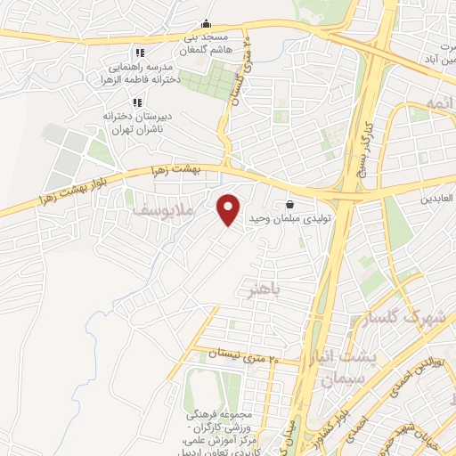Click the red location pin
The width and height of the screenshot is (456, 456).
pyautogui.click(x=230, y=209)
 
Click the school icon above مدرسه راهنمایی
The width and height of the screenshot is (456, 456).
pyautogui.click(x=138, y=53)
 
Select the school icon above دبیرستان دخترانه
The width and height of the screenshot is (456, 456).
pyautogui.click(x=138, y=102)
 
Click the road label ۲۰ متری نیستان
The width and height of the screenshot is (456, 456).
pyautogui.click(x=243, y=357)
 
